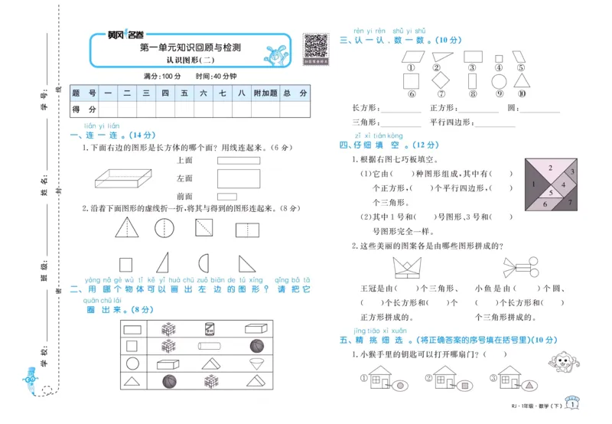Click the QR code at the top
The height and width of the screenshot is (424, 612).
316,47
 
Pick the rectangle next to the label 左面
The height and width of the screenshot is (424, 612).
238,179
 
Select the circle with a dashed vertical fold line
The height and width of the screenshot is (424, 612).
164,228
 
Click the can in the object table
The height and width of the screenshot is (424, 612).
210,328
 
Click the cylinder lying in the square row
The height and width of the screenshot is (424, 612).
210,346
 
